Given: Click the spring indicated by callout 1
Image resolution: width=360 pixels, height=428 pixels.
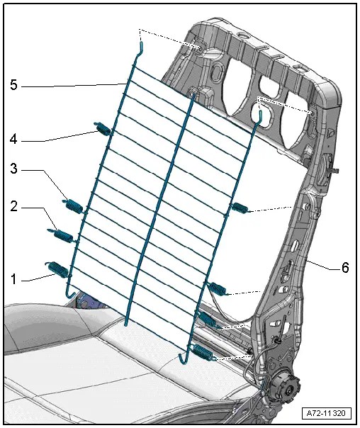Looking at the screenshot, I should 59,269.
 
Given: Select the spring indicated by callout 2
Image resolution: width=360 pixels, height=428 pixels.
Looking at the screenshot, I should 62,235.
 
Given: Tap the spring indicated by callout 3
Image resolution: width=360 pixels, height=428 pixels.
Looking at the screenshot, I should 73,206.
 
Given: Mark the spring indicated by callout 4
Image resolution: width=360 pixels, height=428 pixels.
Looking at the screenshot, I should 104,129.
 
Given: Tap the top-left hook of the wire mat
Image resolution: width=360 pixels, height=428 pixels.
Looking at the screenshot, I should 141,48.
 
